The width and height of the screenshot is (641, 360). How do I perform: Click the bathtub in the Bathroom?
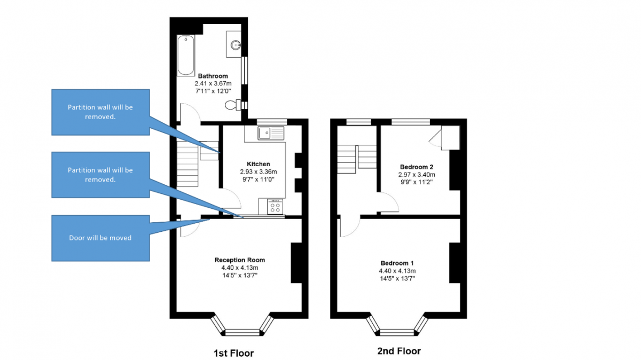(x=186, y=55)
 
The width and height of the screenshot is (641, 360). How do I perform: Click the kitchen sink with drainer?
(x=271, y=133)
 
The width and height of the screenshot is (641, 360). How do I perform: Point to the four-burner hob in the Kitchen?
(x=275, y=207)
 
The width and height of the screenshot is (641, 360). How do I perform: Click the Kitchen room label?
(x=259, y=164)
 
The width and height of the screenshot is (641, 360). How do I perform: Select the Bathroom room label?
(x=213, y=76)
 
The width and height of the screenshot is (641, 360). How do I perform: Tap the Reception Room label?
(x=240, y=260)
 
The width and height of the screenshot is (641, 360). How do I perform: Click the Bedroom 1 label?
(x=397, y=263)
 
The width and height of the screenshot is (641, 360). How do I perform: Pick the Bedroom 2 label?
(x=416, y=167)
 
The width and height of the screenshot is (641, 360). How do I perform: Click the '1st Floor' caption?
(x=233, y=353)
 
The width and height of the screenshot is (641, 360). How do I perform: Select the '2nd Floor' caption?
(x=399, y=351)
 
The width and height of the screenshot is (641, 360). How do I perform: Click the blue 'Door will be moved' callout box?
(x=100, y=238)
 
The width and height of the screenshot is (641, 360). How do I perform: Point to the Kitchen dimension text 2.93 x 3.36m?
(x=259, y=171)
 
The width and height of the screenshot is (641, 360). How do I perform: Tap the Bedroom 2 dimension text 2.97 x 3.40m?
(x=416, y=175)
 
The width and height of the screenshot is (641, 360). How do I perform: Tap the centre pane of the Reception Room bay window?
(x=243, y=333)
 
